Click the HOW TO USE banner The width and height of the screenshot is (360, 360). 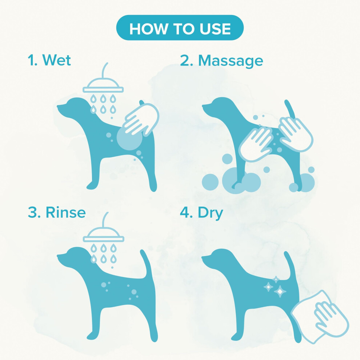(180, 28)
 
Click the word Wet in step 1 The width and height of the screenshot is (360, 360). (56, 60)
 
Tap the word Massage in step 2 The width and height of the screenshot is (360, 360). (231, 61)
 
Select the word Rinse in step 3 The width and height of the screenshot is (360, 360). (66, 212)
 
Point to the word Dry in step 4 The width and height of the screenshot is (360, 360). (210, 213)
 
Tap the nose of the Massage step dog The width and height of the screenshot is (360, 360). (203, 106)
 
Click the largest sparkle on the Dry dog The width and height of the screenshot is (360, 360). (280, 291)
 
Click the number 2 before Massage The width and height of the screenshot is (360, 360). (185, 61)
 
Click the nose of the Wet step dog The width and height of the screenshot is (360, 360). (58, 106)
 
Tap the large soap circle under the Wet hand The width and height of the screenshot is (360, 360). (129, 138)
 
